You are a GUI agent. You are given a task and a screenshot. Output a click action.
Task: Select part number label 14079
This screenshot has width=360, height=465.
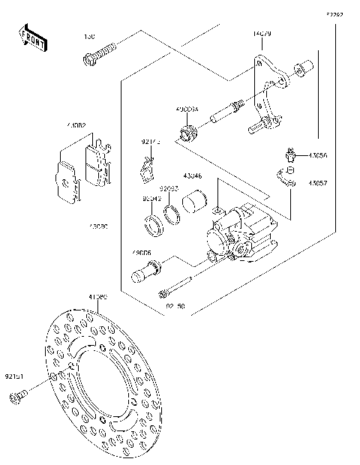[x=262, y=34]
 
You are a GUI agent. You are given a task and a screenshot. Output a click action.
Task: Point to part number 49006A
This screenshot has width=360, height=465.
[x=187, y=109]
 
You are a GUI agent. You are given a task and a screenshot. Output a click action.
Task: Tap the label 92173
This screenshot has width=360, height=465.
[x=151, y=140]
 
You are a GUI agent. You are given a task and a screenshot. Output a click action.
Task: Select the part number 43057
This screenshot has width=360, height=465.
[x=317, y=182]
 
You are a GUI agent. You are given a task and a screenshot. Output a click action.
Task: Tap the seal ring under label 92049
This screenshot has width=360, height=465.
[x=152, y=223]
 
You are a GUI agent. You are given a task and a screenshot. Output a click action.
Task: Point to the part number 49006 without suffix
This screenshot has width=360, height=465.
[x=142, y=252]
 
